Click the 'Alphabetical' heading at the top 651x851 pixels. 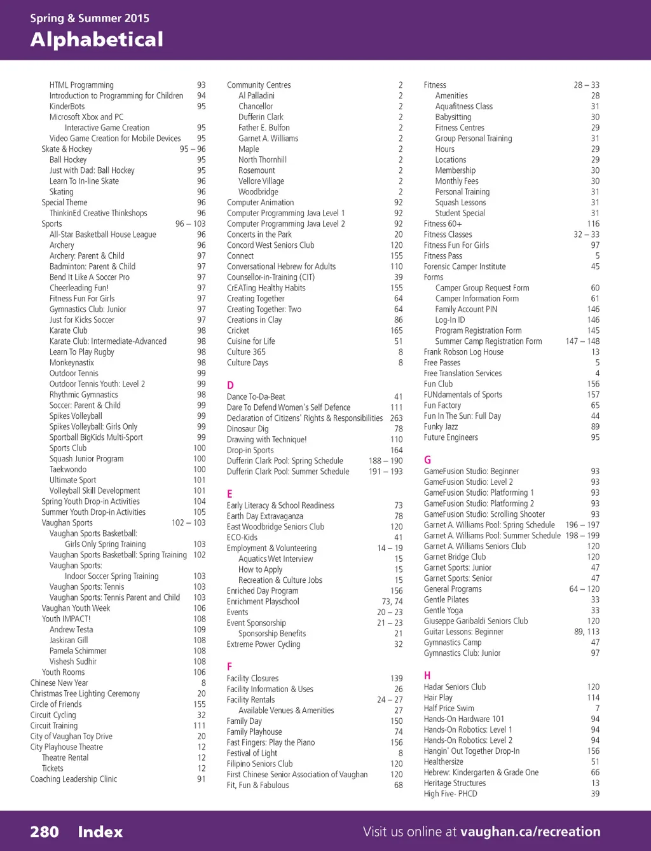97,40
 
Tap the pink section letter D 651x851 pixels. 230,385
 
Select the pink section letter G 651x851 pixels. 427,460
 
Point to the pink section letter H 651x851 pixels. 427,675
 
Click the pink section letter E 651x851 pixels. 230,494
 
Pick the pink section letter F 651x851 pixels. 230,667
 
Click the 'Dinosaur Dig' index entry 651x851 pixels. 247,429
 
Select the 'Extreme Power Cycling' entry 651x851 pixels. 263,644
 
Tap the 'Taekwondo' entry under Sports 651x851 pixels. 68,470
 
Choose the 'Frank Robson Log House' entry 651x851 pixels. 463,352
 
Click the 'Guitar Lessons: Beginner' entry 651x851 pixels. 463,632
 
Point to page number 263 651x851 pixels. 396,418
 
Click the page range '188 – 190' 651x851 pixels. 386,461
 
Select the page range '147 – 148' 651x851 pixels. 582,341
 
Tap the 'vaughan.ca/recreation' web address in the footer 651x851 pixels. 530,831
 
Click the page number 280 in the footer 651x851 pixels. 45,832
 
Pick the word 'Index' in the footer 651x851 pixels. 100,832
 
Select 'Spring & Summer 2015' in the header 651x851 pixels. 90,18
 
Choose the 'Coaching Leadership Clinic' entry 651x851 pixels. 74,779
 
